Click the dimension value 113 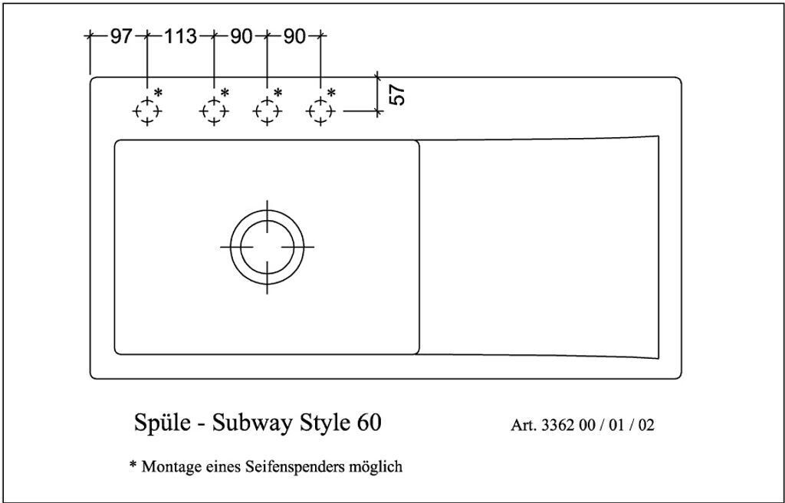[x=180, y=36]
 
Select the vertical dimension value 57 [x=397, y=94]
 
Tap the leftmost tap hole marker [x=146, y=112]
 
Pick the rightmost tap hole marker [x=320, y=112]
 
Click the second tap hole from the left [x=213, y=112]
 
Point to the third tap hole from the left [x=266, y=112]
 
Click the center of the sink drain [x=267, y=246]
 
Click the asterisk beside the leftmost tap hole [x=159, y=93]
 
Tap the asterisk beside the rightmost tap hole [x=331, y=93]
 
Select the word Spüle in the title [x=158, y=423]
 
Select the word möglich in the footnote [x=375, y=466]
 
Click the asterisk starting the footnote [x=133, y=465]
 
